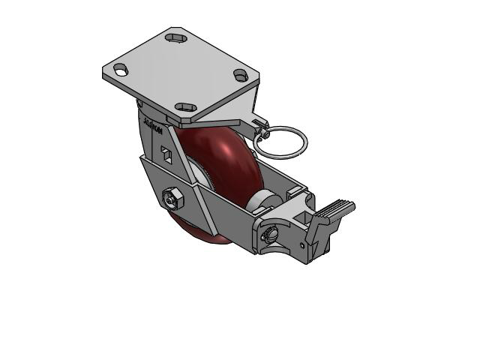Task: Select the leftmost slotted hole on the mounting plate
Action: point(120,70)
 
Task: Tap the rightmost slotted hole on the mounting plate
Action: point(240,75)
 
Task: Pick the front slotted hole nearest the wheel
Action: point(184,108)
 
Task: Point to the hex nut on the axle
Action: point(170,199)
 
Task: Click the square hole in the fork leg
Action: point(167,155)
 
